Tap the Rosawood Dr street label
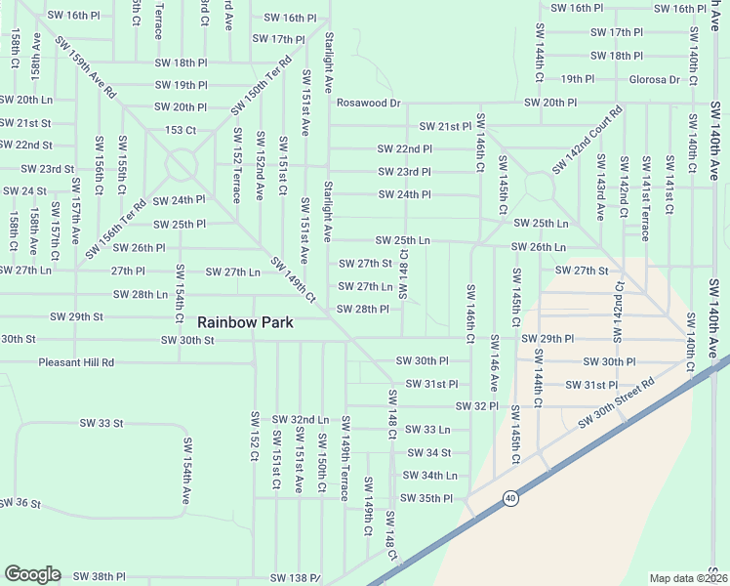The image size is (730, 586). pos(369,103)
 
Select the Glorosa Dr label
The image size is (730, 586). pos(655,79)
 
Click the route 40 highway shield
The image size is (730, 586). pos(510,498)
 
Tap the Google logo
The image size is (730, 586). pos(32,574)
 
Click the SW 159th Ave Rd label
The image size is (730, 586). pos(86,67)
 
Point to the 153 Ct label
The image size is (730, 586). pos(181,130)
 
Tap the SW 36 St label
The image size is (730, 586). pos(20,503)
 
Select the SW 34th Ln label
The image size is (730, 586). pos(430,476)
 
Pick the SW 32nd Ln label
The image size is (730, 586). pos(301,418)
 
